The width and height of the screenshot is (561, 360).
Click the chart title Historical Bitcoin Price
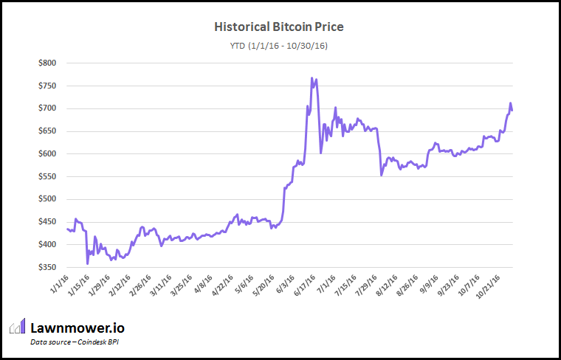278,27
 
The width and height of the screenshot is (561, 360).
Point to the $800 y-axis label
46,63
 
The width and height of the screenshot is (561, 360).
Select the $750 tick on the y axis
46,86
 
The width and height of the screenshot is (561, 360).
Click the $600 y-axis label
46,154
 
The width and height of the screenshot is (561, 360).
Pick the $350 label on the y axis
46,267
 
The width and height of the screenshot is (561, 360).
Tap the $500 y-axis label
46,199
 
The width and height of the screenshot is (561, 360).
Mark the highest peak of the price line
312,77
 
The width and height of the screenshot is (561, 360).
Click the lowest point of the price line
88,263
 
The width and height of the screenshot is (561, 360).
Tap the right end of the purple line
512,110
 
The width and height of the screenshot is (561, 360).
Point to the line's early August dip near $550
381,175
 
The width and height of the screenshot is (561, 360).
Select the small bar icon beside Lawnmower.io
17,327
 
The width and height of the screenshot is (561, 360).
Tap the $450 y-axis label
46,222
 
